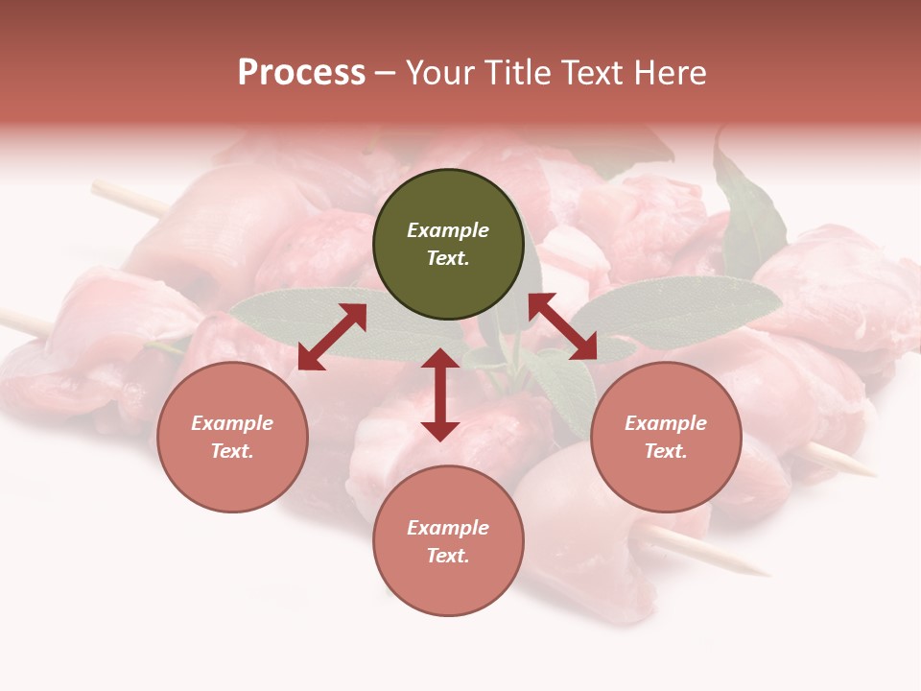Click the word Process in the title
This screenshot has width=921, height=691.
tap(301, 73)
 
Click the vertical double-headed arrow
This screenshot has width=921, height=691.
tap(440, 394)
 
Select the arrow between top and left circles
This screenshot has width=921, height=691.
tap(332, 337)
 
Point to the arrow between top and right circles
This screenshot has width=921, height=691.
tap(562, 326)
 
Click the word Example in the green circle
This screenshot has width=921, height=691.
tap(448, 230)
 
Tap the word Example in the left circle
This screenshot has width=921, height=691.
tap(232, 423)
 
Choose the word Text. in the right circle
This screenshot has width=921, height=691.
tap(666, 451)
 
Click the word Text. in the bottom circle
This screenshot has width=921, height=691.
tap(448, 556)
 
